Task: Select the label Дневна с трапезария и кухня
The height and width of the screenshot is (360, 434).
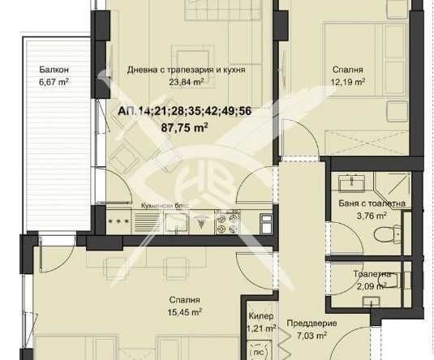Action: coord(186,70)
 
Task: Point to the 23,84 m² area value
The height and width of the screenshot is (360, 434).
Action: coord(186,81)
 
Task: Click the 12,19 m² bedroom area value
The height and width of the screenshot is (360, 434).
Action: coord(348,81)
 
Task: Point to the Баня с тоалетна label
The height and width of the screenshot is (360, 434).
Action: coord(373,204)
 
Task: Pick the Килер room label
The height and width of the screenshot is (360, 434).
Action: coord(261,317)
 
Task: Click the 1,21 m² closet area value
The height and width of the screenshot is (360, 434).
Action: coord(261,328)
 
